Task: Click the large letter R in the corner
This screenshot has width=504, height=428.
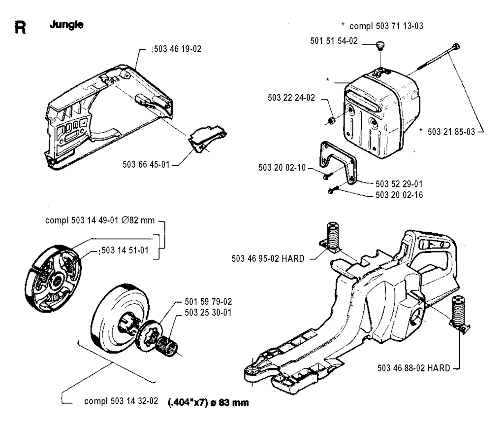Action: [x=20, y=28]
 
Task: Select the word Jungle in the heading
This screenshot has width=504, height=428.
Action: [x=66, y=25]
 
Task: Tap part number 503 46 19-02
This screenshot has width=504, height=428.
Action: [x=178, y=49]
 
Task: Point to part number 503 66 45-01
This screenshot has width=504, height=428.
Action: [x=146, y=165]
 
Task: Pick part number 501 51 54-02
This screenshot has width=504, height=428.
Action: [x=334, y=41]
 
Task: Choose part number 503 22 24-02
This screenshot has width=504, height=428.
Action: [x=291, y=98]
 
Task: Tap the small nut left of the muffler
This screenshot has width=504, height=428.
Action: [x=331, y=121]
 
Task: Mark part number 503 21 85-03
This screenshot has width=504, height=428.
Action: [x=451, y=132]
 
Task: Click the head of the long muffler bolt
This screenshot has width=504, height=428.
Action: [x=456, y=47]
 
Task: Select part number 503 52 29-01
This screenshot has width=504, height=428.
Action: [x=399, y=184]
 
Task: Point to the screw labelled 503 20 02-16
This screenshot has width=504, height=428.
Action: [x=333, y=190]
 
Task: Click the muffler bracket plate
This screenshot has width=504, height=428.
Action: [x=338, y=162]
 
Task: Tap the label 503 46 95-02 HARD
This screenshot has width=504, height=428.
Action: [x=268, y=258]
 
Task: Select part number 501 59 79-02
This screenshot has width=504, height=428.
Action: [x=208, y=302]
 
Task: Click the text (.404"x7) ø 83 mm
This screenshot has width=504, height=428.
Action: [x=209, y=402]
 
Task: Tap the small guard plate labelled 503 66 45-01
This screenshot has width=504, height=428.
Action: [x=207, y=138]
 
